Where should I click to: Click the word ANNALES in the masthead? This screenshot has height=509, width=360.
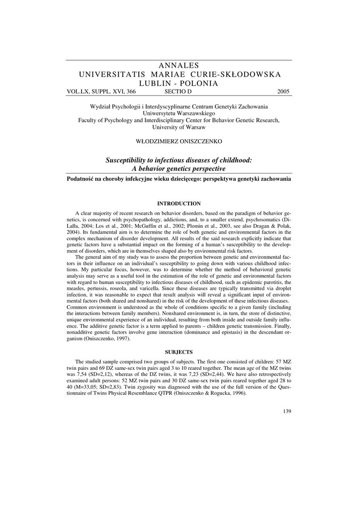(180, 66)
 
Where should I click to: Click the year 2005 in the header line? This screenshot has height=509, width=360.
(283, 92)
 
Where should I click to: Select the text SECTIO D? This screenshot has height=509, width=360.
(178, 92)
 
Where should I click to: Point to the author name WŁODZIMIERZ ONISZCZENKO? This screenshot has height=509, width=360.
(179, 142)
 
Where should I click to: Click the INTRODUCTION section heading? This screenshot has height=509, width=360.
(179, 204)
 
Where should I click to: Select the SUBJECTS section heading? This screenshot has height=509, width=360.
(179, 352)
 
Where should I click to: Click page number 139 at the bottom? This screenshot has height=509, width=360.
(286, 411)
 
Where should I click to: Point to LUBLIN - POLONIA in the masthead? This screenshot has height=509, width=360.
(180, 84)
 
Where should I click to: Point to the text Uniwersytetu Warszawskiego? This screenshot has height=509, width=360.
(179, 113)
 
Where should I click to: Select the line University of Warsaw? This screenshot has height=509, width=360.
(179, 127)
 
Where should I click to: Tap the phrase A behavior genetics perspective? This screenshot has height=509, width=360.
(179, 169)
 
